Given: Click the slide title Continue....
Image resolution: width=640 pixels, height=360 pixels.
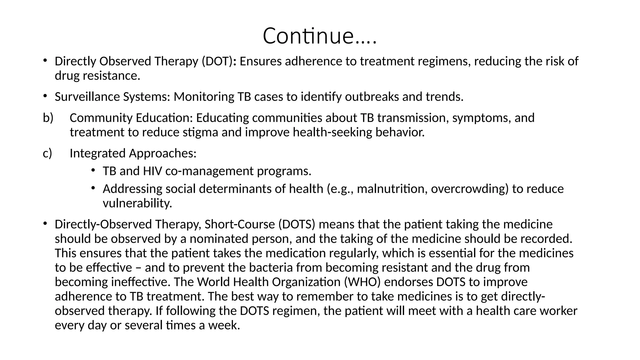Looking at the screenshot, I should tap(320, 36).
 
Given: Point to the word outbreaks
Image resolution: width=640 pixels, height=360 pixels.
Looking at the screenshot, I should tap(372, 97).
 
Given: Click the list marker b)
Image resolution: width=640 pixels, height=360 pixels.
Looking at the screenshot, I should tap(48, 118).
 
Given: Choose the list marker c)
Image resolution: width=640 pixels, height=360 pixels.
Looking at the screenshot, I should tap(47, 153).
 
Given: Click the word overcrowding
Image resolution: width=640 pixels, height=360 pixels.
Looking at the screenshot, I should tap(470, 189).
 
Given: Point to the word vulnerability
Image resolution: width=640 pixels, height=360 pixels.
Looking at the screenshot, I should tap(137, 203).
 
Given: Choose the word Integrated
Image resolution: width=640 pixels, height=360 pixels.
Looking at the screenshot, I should tap(97, 153).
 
